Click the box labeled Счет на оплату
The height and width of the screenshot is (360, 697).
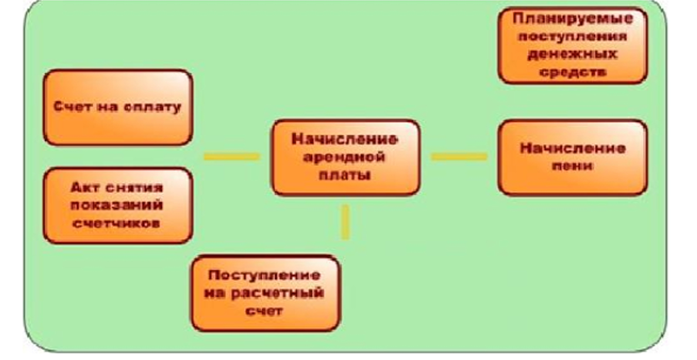[118, 108]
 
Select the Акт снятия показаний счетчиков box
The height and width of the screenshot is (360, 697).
[118, 205]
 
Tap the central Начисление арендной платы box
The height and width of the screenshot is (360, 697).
[346, 157]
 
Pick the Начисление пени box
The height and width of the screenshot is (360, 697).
[573, 157]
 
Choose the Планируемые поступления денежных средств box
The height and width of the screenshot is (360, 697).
[573, 45]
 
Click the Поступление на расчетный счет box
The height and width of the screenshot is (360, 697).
[266, 293]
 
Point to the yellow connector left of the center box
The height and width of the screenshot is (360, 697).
[232, 157]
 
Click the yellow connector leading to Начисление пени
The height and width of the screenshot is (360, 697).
[459, 157]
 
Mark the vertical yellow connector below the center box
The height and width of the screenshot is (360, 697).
[346, 222]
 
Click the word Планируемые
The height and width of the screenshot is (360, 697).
[573, 18]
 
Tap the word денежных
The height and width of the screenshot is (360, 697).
[573, 55]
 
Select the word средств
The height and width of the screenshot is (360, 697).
[573, 73]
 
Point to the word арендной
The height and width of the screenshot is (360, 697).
[346, 157]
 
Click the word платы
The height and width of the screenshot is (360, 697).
[346, 175]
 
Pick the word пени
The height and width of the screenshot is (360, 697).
[573, 166]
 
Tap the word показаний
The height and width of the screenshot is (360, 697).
[118, 205]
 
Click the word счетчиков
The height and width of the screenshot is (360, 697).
[118, 223]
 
